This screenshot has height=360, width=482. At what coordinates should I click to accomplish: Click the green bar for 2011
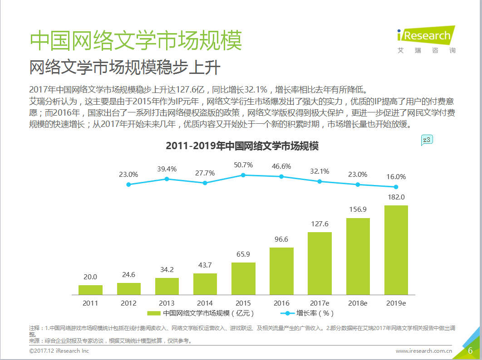(90, 290)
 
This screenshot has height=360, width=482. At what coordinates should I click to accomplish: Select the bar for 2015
(243, 278)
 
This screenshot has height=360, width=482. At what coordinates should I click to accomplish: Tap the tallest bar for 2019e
(396, 250)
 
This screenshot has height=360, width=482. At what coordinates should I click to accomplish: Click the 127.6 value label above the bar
(320, 224)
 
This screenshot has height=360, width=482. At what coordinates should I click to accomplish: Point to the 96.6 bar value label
(281, 239)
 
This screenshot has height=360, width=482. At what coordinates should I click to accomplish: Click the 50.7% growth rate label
(243, 165)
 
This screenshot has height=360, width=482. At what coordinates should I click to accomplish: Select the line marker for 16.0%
(396, 187)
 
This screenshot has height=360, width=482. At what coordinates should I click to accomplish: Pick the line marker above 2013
(167, 179)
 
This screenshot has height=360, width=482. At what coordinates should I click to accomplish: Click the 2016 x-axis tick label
(281, 302)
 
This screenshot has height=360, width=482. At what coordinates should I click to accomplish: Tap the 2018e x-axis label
(358, 302)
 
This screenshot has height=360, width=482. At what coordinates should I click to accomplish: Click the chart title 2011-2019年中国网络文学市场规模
(242, 146)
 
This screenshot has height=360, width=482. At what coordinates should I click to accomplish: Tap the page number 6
(470, 350)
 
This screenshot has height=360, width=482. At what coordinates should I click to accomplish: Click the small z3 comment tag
(427, 140)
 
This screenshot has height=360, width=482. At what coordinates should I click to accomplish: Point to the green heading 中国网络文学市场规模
(136, 40)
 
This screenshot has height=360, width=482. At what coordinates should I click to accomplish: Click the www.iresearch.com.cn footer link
(424, 350)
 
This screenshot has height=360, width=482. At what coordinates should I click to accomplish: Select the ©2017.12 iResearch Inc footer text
(59, 350)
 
